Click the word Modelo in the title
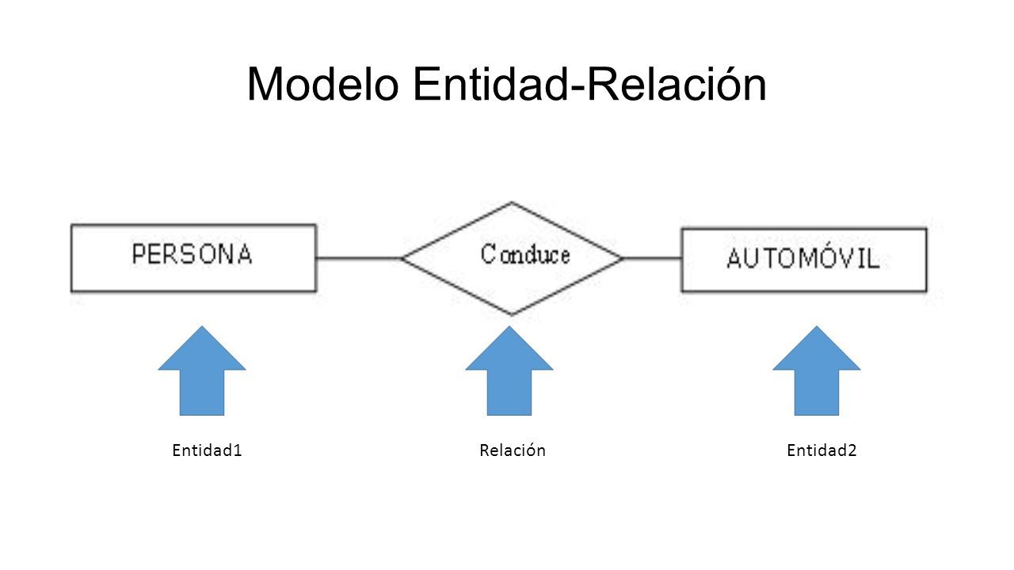[322, 84]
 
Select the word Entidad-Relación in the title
[590, 84]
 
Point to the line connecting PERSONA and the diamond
[359, 258]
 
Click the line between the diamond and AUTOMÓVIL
[652, 258]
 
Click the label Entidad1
[207, 450]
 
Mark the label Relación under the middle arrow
[513, 450]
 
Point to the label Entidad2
[821, 450]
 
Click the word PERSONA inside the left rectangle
[192, 254]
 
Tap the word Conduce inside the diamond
[525, 254]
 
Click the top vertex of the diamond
[512, 202]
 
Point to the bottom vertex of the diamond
[512, 314]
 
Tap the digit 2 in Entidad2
[852, 450]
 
